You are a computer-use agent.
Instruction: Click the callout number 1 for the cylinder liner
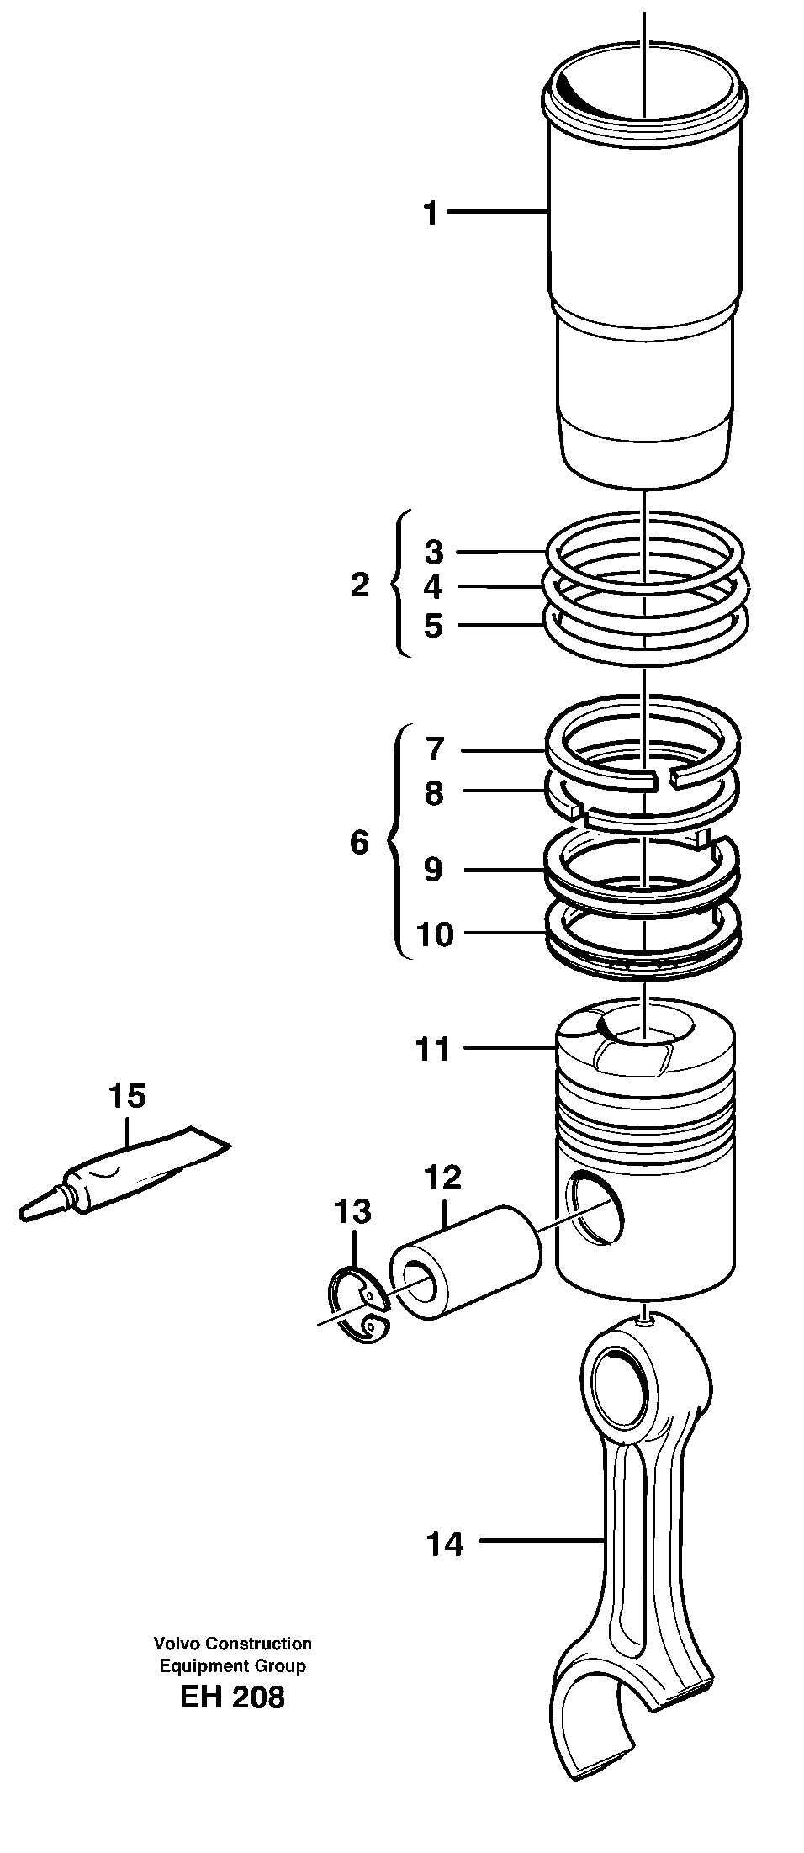pos(431,213)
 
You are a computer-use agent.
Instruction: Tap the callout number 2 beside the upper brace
pos(360,585)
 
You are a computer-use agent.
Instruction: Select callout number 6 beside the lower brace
pos(359,841)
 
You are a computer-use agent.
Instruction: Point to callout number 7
pos(434,748)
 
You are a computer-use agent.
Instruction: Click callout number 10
pos(434,934)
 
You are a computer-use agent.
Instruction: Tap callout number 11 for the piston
pos(433,1049)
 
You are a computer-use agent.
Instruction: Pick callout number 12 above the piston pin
pos(443,1178)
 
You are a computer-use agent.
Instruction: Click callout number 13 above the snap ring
pos(352,1212)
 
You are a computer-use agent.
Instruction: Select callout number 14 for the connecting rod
pos(445,1543)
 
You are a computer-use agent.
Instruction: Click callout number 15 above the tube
pos(127,1095)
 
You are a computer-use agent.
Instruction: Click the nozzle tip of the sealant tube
pos(25,1213)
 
